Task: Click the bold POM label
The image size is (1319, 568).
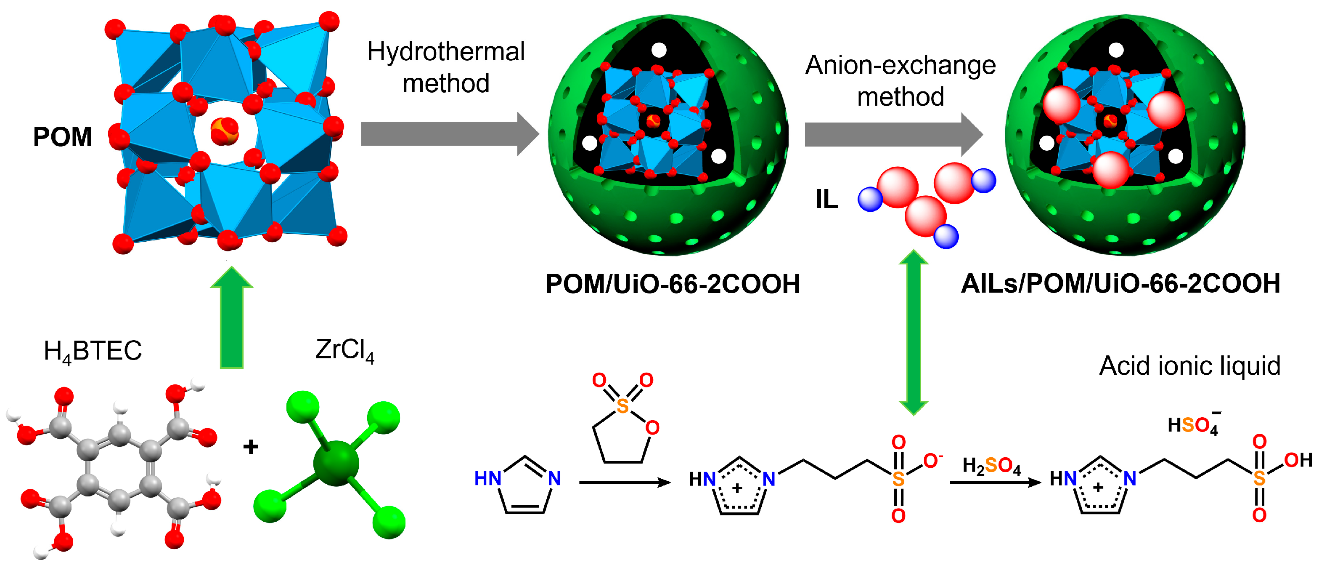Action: [x=63, y=137]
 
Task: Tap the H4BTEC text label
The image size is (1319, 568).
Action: [x=93, y=352]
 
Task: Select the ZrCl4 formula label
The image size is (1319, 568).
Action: [x=344, y=351]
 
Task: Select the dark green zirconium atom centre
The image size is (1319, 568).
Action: [x=336, y=463]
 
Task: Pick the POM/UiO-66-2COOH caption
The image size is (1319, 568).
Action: [x=672, y=284]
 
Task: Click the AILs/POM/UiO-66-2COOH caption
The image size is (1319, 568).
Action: [x=1120, y=284]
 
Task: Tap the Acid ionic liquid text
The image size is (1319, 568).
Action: [x=1189, y=366]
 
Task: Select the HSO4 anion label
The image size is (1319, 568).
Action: [x=1193, y=425]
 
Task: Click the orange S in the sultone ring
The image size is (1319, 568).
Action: [x=622, y=406]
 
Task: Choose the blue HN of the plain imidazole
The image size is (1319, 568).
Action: [x=487, y=479]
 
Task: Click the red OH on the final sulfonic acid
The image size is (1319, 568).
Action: [x=1298, y=460]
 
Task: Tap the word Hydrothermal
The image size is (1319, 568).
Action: [x=446, y=52]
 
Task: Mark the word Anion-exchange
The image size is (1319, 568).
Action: [x=900, y=66]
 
